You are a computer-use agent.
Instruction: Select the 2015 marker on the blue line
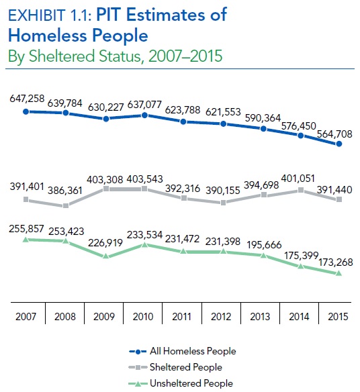coord(339,144)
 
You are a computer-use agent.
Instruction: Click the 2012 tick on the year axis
coord(222,317)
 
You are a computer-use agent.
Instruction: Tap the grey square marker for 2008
coord(65,206)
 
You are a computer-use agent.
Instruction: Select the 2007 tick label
coord(26,317)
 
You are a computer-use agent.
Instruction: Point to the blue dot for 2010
coord(144,115)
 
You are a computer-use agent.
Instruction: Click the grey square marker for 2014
coord(300,191)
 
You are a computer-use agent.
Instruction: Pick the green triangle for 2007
coord(26,239)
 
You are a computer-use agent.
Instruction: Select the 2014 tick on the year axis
coord(300,317)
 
